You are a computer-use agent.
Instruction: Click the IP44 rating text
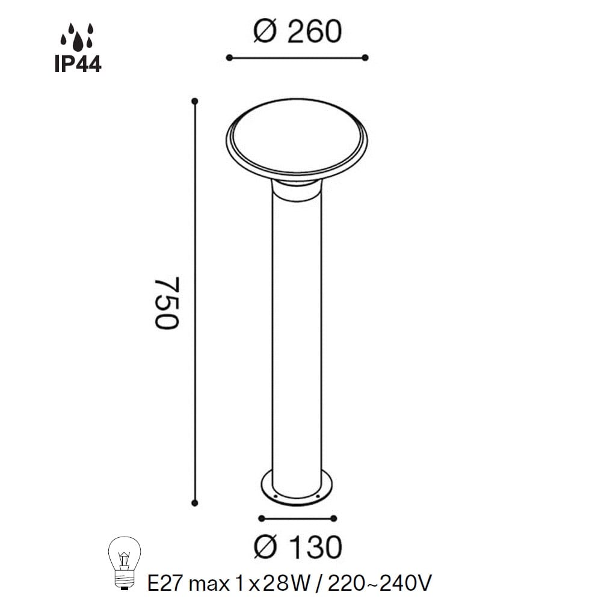78,63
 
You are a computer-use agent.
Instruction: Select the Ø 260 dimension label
297,32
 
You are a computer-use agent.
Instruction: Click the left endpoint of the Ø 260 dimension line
229,58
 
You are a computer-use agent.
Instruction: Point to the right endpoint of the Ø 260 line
365,58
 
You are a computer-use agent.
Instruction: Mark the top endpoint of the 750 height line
194,101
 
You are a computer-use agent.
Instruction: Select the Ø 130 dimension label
297,546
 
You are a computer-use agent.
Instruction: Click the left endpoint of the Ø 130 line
260,518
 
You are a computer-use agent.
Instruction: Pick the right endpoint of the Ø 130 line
334,518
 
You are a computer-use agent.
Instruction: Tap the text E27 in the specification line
166,582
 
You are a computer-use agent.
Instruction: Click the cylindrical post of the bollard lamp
297,331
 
